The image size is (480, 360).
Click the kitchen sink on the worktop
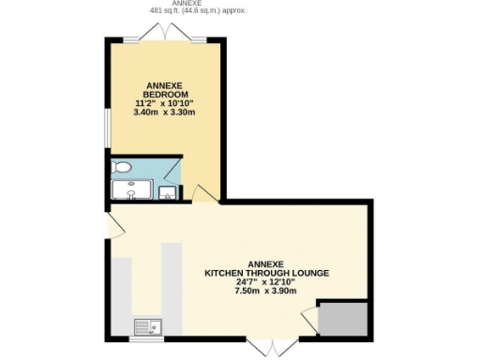(x=148, y=326)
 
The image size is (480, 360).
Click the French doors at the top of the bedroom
(x=165, y=33)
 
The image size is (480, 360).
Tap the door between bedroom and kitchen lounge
(x=202, y=192)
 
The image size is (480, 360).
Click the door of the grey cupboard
(x=311, y=321)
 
